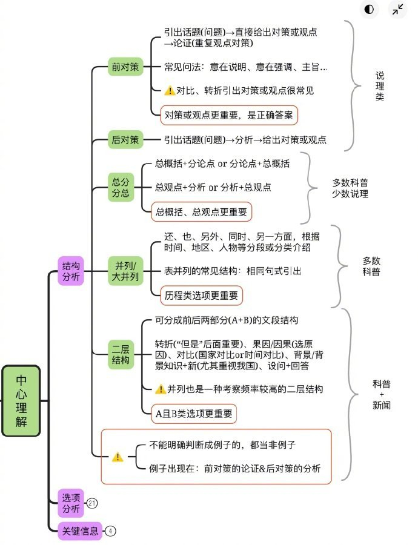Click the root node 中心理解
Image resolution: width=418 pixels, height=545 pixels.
[x=21, y=400]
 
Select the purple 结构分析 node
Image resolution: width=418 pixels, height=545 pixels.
[x=70, y=271]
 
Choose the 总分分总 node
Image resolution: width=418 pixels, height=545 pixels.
[x=120, y=187]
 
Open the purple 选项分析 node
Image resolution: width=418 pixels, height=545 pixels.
[x=70, y=502]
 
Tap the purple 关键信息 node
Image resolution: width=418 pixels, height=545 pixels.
[x=79, y=530]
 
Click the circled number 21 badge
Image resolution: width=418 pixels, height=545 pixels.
[x=92, y=503]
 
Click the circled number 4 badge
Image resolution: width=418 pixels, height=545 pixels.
[x=110, y=531]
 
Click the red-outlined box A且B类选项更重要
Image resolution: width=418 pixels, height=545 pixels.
[x=193, y=414]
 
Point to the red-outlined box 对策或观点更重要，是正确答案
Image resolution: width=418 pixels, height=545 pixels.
[x=229, y=113]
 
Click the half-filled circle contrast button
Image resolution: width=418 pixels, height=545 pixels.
[x=369, y=9]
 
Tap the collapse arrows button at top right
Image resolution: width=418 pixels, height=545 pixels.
[x=397, y=9]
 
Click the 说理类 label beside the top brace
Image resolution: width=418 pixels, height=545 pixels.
[x=380, y=85]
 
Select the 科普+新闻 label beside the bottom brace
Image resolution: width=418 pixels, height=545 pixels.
[x=382, y=394]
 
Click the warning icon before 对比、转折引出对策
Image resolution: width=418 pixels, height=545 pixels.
[x=170, y=90]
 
